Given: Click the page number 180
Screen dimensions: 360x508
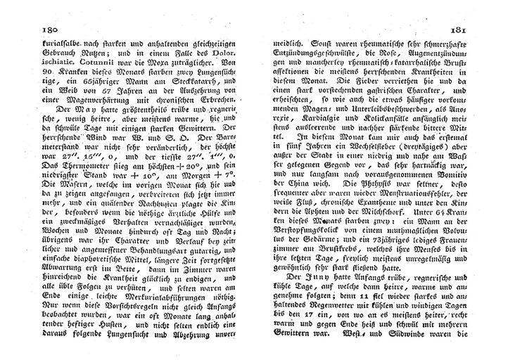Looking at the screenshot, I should point(34,30).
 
